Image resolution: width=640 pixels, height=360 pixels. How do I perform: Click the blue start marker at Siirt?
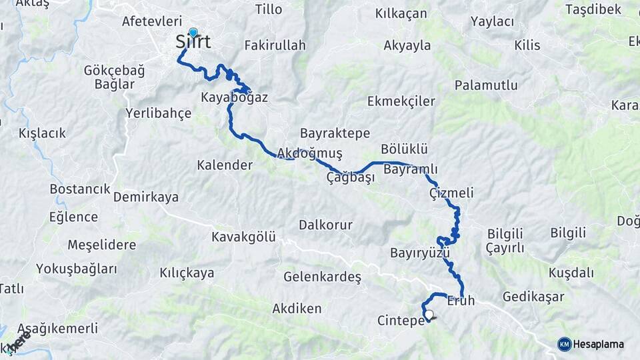[193, 33]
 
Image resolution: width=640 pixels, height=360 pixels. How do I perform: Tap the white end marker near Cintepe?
[429, 315]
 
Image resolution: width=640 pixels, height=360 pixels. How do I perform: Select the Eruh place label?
[461, 301]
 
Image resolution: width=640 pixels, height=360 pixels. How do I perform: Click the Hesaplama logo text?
[599, 344]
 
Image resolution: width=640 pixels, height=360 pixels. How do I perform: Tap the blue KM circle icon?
[565, 344]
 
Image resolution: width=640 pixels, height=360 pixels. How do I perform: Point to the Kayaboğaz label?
[234, 97]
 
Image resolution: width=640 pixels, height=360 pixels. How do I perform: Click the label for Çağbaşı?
[351, 177]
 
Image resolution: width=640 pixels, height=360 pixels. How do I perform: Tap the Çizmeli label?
[451, 193]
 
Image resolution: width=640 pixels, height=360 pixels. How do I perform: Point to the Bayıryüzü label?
[420, 253]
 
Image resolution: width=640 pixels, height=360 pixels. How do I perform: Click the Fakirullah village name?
[275, 46]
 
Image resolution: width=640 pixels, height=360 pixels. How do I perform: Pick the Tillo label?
[269, 9]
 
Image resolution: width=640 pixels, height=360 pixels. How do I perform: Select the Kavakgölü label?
[243, 237]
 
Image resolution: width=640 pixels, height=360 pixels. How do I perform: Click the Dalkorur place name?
[325, 225]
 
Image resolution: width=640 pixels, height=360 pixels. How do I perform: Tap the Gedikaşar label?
[533, 297]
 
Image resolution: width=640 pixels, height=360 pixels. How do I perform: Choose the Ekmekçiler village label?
[401, 101]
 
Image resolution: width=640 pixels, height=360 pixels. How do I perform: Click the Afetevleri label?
[152, 21]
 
